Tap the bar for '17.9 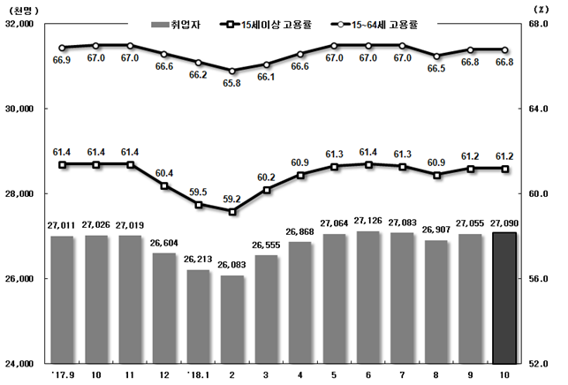pyautogui.click(x=62, y=299)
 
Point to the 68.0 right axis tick pyautogui.click(x=546, y=25)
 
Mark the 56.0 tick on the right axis pyautogui.click(x=546, y=278)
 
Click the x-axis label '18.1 pyautogui.click(x=197, y=374)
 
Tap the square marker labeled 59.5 pyautogui.click(x=199, y=205)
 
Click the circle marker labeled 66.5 pyautogui.click(x=436, y=56)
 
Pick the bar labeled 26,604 pyautogui.click(x=164, y=308)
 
